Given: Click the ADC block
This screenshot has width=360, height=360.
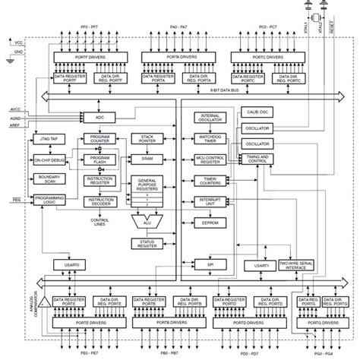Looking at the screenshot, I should (x=99, y=118).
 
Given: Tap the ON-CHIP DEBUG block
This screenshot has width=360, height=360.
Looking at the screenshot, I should (x=48, y=160).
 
